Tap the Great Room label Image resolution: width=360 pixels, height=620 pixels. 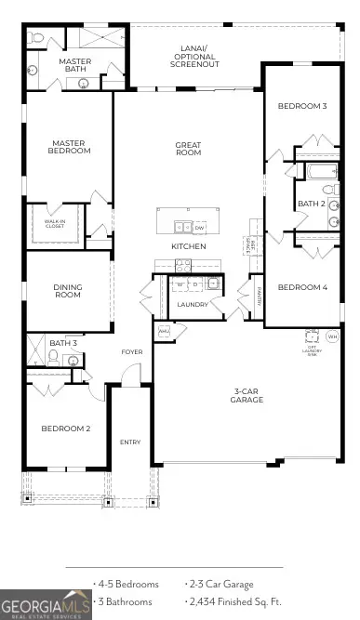(188, 148)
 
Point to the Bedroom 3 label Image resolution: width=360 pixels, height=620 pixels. (302, 106)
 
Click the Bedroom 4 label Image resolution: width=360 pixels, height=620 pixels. (302, 286)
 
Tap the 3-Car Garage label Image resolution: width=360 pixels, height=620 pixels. (247, 395)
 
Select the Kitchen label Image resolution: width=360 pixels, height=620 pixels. (188, 246)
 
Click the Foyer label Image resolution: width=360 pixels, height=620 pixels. (131, 352)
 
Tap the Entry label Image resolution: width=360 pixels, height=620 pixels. (129, 442)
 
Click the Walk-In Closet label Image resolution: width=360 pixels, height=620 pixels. (55, 222)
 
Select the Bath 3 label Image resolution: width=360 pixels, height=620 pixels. (62, 343)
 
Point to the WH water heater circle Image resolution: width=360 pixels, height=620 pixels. (332, 336)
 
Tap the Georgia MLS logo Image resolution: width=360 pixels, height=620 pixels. (46, 604)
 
